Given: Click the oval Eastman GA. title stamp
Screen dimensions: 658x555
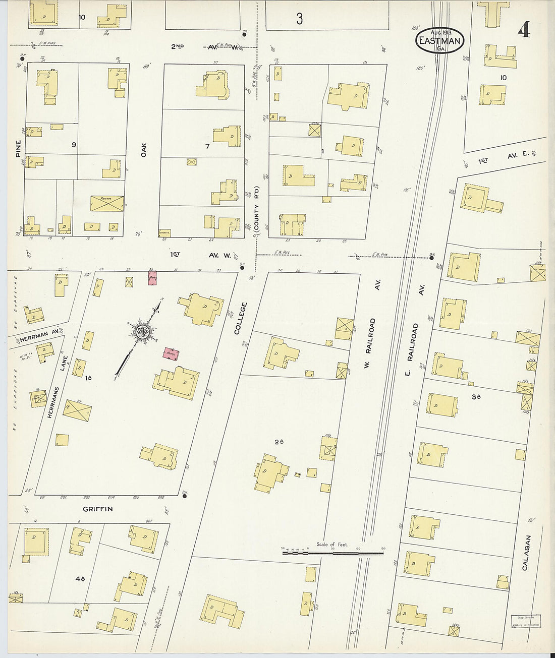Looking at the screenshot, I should (x=439, y=40).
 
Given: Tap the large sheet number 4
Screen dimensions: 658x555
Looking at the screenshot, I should (x=523, y=31).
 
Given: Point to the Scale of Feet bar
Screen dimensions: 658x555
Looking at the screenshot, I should (x=333, y=553).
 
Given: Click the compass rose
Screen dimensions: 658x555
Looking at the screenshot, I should (x=140, y=332).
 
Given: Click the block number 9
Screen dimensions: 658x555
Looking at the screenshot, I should (x=74, y=145).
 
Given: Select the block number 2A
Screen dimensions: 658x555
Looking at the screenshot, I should (x=280, y=442).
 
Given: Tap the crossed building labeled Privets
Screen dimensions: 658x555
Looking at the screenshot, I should (x=107, y=204).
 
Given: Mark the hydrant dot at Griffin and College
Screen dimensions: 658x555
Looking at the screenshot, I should (x=185, y=496).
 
